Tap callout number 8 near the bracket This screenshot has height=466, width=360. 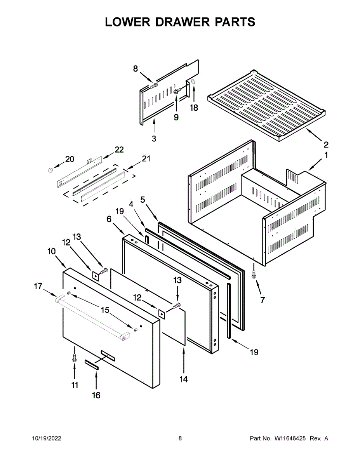(x=136, y=69)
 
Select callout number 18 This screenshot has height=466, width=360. (x=194, y=108)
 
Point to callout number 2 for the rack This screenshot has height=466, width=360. (x=326, y=145)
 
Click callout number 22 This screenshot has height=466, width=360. (x=119, y=150)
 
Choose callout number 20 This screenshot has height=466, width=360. (x=69, y=159)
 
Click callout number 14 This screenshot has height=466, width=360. (x=184, y=379)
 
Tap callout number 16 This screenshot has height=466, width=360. (x=96, y=395)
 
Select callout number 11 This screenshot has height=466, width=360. (x=75, y=385)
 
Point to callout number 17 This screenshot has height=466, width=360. (x=38, y=287)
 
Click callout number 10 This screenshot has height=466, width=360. (x=52, y=251)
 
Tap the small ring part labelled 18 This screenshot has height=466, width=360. (x=193, y=82)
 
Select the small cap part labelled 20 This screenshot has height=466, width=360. (x=50, y=170)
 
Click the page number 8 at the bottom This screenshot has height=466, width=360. (x=180, y=438)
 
